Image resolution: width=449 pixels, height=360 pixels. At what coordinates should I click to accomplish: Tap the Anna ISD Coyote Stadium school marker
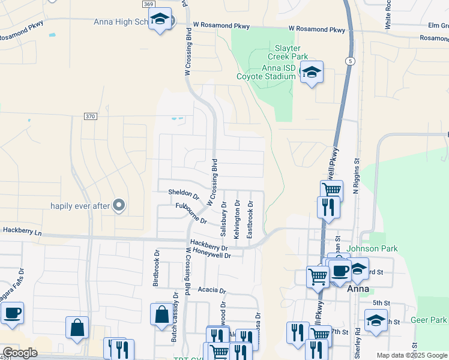pyautogui.click(x=312, y=73)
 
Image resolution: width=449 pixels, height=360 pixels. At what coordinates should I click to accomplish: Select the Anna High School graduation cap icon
pyautogui.click(x=160, y=19)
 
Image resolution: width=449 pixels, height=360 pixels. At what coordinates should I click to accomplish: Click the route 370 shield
pyautogui.click(x=90, y=116)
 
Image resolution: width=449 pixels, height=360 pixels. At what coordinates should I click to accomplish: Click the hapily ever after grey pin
pyautogui.click(x=119, y=206)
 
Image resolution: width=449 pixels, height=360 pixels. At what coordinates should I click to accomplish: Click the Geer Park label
pyautogui.click(x=429, y=320)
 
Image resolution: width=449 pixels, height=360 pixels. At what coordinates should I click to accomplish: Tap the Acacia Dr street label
pyautogui.click(x=215, y=290)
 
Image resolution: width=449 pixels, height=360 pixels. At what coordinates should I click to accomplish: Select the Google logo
pyautogui.click(x=20, y=353)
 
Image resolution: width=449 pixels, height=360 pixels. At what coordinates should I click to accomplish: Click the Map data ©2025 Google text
pyautogui.click(x=411, y=355)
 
